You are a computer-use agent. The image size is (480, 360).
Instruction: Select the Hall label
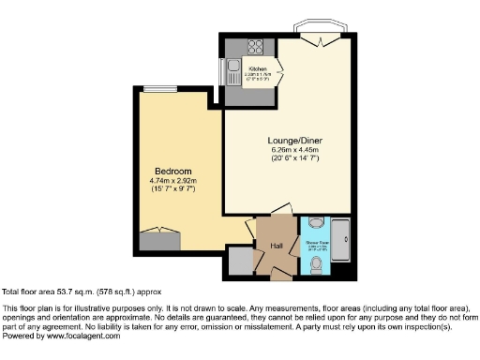click(276, 245)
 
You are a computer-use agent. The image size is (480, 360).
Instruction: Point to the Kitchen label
click(259, 69)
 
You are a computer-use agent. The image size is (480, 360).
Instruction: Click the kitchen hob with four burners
click(256, 47)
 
